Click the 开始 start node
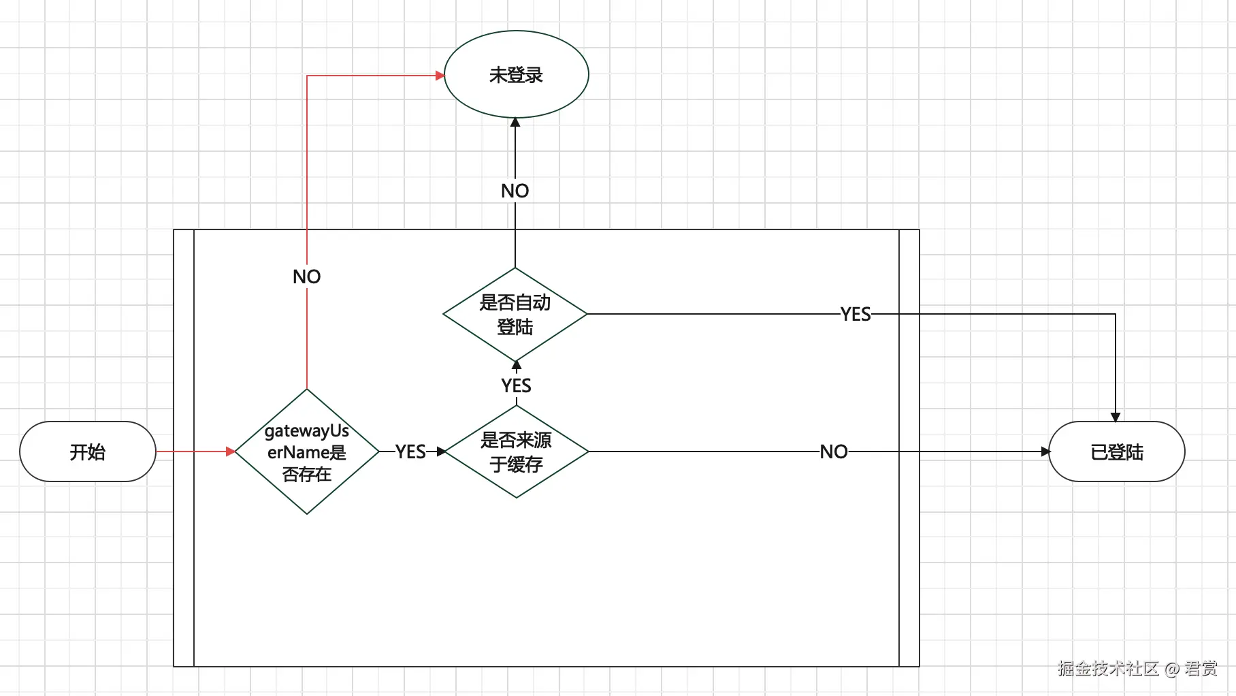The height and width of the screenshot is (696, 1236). click(88, 452)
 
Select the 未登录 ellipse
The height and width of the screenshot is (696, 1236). click(516, 74)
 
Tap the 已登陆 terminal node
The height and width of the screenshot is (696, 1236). click(1116, 452)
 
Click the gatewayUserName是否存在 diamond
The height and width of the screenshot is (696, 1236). click(307, 452)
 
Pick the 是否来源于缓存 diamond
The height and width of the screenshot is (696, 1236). click(516, 452)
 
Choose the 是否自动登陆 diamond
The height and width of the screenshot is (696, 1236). click(515, 314)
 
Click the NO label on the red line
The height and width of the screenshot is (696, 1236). click(306, 276)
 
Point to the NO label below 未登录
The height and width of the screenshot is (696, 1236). click(515, 191)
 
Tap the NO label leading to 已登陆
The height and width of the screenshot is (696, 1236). click(833, 452)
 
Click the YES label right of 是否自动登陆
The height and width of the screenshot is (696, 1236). click(855, 314)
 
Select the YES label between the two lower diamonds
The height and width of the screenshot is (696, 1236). click(410, 452)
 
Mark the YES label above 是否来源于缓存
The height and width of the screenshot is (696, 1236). click(516, 385)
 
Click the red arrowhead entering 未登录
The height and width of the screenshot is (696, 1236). click(440, 76)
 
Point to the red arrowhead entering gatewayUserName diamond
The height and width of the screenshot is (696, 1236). click(230, 452)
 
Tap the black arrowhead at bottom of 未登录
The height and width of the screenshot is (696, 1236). click(515, 123)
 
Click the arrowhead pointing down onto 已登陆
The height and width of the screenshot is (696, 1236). click(1116, 417)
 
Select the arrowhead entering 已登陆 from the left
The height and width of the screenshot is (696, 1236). click(1045, 452)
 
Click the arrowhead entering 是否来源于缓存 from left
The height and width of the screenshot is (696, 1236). click(441, 452)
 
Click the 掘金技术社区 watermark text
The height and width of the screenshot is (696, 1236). click(1108, 668)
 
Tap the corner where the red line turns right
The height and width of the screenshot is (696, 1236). click(307, 76)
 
